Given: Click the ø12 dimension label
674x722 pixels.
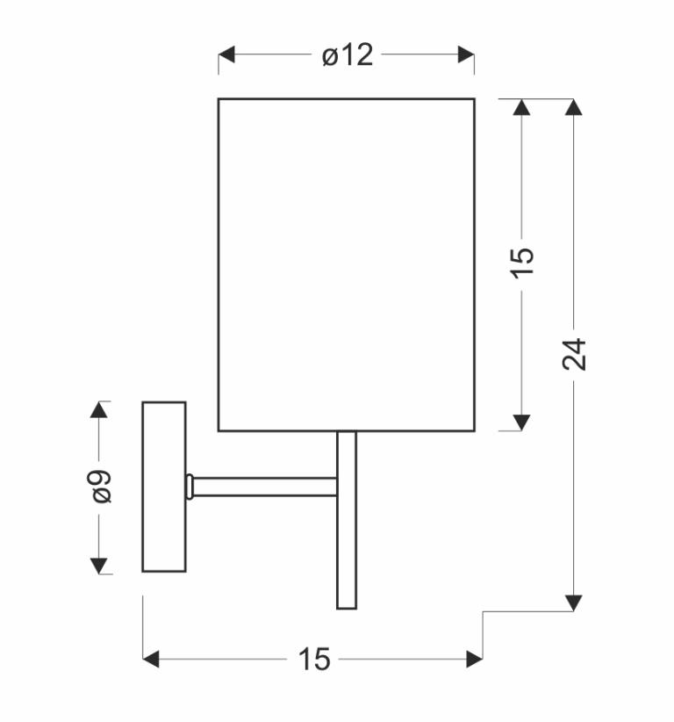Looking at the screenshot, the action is pos(348,55).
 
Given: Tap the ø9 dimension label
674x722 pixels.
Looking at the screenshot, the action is pos(102,487).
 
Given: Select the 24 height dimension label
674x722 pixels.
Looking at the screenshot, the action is pos(574,354).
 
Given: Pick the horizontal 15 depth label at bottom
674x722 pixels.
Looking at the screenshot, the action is pos(315,659).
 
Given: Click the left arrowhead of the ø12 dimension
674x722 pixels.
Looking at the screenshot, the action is pos(226,54).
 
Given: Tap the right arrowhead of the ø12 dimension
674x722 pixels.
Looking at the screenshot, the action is pos(466,54).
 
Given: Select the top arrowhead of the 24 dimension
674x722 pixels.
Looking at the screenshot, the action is pos(573,107).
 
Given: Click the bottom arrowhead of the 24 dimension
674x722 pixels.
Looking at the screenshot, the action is pos(573,603).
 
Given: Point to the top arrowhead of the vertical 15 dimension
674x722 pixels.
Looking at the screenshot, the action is pos(521,107).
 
